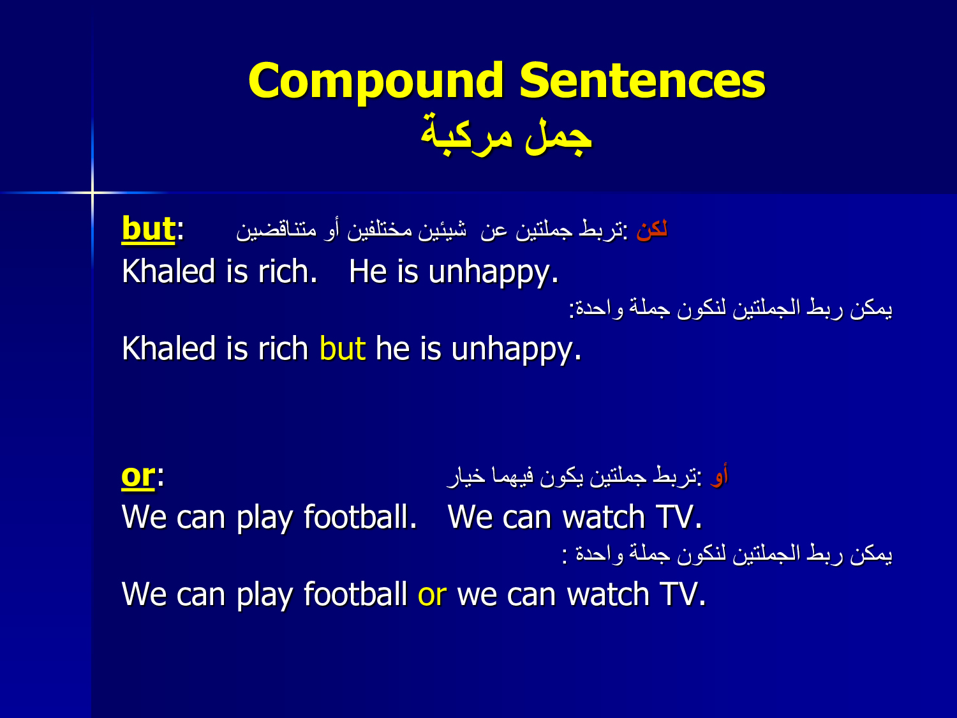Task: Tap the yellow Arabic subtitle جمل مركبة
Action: [x=506, y=135]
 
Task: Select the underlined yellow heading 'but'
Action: [x=148, y=228]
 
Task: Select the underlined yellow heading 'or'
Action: [x=138, y=476]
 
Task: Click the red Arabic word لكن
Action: [x=652, y=229]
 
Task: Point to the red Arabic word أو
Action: [x=719, y=475]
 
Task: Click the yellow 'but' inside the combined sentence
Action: [x=342, y=348]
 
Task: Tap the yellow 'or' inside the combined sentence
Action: [x=432, y=594]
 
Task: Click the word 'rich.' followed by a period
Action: [x=288, y=271]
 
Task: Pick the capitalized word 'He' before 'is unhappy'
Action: [x=368, y=271]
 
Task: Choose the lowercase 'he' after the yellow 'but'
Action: [x=392, y=348]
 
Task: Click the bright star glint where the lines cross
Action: [x=93, y=192]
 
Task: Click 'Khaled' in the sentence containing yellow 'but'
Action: [x=168, y=348]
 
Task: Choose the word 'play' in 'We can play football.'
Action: [x=264, y=518]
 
